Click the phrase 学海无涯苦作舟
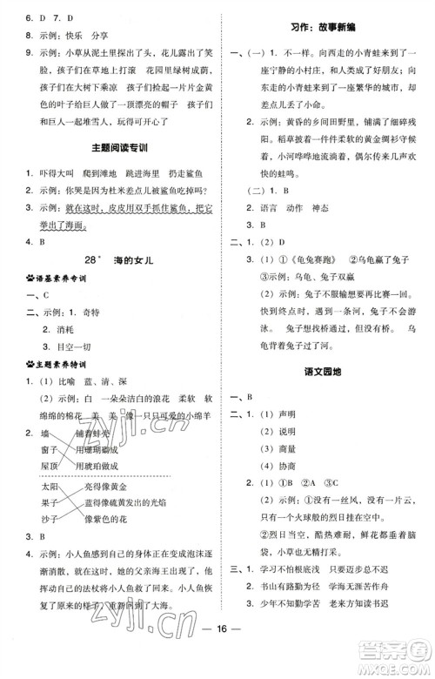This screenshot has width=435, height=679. [365, 601]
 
